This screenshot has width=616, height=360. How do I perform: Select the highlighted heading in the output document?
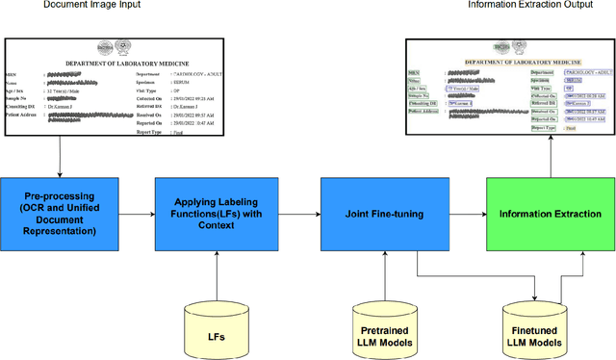pyautogui.click(x=511, y=61)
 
